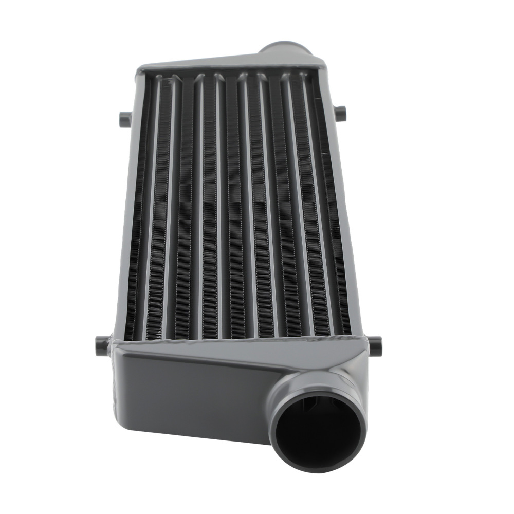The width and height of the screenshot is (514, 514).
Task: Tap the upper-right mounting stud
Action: pyautogui.click(x=341, y=112)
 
